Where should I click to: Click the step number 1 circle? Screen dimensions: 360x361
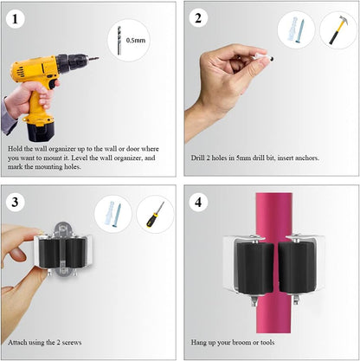tap(15, 19)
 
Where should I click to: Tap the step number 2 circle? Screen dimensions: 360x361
tap(198, 18)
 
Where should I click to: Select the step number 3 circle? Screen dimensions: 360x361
tap(15, 202)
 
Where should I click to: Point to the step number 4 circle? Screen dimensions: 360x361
tap(198, 202)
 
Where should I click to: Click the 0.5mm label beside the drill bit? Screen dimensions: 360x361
tap(136, 41)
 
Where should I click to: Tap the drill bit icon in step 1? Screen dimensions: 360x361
tap(119, 40)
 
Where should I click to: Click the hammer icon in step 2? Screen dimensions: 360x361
tap(339, 29)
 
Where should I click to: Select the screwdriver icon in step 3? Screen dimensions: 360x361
tap(155, 215)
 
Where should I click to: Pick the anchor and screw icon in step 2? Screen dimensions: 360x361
tap(296, 30)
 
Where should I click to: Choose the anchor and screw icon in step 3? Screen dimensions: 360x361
tap(113, 215)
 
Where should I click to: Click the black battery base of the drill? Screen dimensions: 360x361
tap(40, 132)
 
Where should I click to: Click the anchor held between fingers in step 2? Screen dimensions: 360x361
tap(262, 58)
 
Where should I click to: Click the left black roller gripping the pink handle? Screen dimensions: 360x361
tap(255, 268)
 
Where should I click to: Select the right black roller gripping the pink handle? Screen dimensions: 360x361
tap(296, 268)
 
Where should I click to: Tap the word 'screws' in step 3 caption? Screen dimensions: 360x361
tap(71, 343)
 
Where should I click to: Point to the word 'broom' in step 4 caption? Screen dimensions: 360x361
tap(241, 343)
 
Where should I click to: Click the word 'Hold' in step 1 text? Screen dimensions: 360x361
tap(15, 149)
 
